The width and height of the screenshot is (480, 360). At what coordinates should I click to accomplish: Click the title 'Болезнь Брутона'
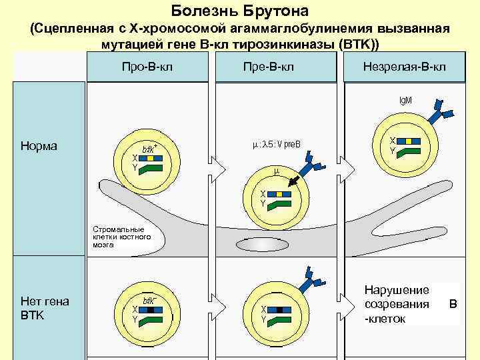pos(240,11)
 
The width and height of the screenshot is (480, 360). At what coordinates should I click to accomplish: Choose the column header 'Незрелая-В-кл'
pos(405,67)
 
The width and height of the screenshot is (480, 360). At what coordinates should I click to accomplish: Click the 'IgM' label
pos(405,100)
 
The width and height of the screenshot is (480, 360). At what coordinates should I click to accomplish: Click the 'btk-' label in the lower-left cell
pos(148,301)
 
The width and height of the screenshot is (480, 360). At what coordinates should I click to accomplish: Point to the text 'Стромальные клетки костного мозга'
pos(122,237)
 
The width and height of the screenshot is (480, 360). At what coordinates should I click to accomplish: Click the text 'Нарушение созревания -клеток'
pos(397,305)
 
